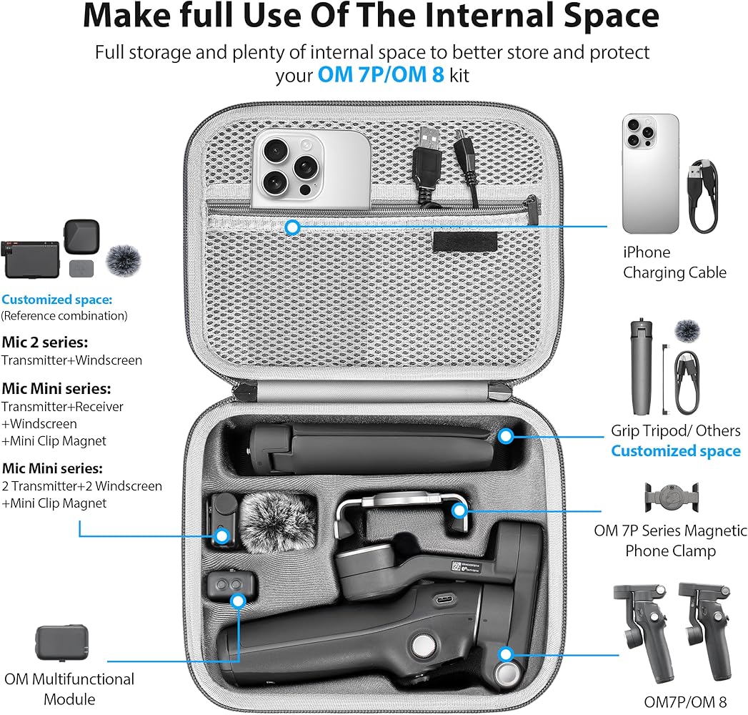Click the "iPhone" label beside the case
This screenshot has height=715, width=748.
click(647, 252)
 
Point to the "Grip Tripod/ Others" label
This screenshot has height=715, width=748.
click(675, 430)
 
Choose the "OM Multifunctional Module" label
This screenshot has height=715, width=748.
click(69, 688)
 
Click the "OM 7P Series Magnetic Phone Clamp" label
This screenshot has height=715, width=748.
click(670, 541)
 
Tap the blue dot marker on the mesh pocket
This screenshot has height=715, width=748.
click(291, 227)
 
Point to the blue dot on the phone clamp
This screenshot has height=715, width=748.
click(459, 511)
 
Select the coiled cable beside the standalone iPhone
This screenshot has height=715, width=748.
click(701, 195)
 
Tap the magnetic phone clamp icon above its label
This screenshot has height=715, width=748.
click(669, 498)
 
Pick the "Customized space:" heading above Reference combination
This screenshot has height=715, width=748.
click(57, 300)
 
